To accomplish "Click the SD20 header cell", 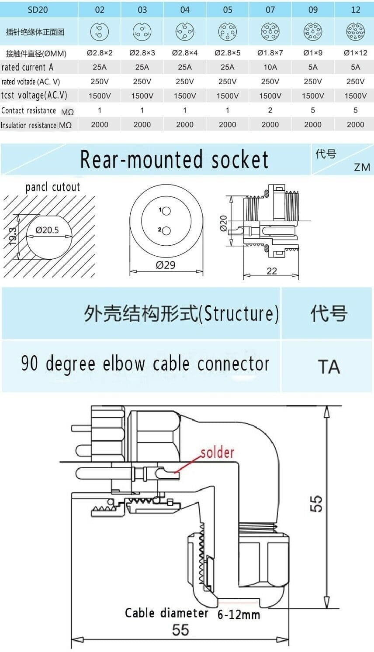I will pos(38,10).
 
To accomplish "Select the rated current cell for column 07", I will pos(270,67).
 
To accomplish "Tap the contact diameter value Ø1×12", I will pos(355,53).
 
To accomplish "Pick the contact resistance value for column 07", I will pos(270,110).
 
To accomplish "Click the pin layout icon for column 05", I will pos(227,31).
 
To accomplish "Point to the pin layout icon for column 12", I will pos(355,31).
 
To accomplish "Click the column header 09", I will pos(313,10).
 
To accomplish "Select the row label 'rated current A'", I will pos(28,67).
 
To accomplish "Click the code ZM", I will pos(362,167).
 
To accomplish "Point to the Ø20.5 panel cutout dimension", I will pos(47,230).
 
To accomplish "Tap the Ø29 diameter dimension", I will pos(166,265).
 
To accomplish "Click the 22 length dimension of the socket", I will pos(272,271).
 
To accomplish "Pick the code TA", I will pos(329,367).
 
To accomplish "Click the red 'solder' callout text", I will pos(217,453).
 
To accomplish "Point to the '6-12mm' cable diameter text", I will pos(239,615).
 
